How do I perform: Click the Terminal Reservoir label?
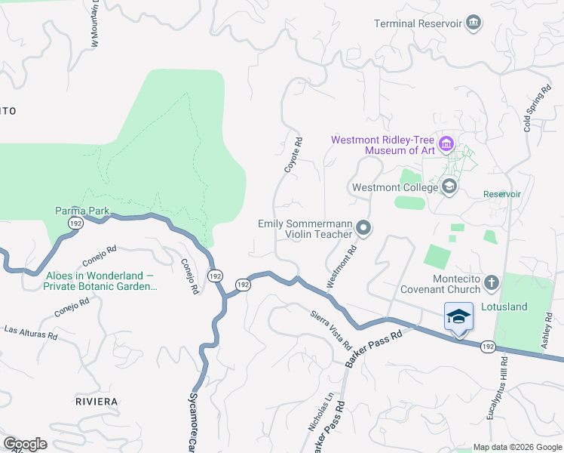click(x=418, y=23)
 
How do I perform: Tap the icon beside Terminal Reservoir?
click(x=474, y=23)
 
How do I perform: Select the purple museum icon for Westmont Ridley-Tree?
click(x=446, y=143)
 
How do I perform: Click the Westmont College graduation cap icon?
click(x=449, y=186)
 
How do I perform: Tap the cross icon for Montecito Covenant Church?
click(x=492, y=283)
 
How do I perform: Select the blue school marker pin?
click(x=458, y=317)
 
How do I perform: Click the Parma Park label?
click(x=82, y=211)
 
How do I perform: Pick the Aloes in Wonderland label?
click(x=100, y=281)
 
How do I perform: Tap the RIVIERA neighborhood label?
click(x=95, y=400)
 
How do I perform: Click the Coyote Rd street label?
click(x=293, y=155)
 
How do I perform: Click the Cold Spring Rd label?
click(x=536, y=110)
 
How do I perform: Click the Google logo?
click(x=26, y=443)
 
